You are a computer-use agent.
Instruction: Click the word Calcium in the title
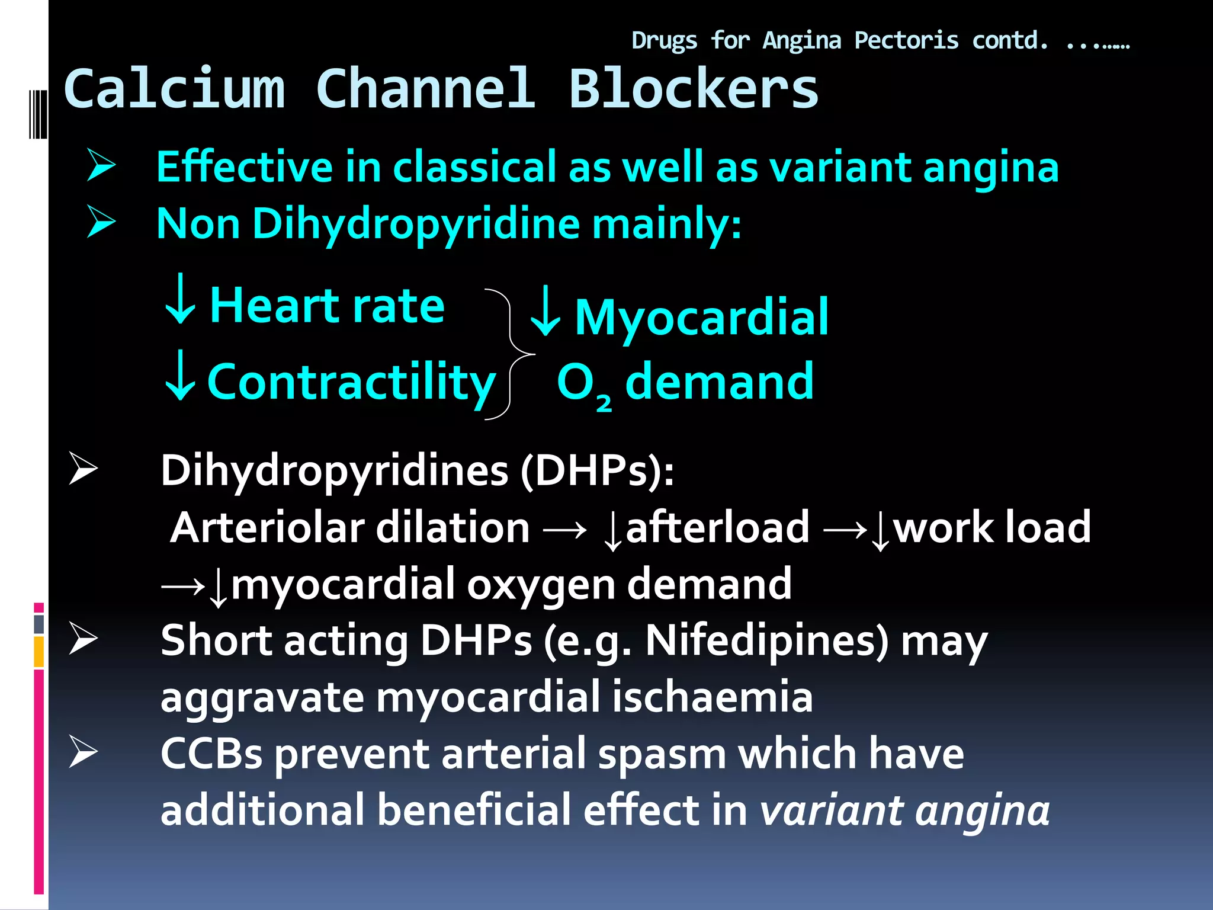(175, 89)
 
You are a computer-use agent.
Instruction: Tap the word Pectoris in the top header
(906, 41)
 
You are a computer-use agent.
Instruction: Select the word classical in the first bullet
(471, 167)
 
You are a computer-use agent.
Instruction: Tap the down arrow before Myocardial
(544, 312)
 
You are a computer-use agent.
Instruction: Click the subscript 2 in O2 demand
(604, 403)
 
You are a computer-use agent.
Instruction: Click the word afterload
(717, 527)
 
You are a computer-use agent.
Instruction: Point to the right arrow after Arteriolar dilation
(564, 529)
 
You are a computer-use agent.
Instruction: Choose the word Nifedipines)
(767, 641)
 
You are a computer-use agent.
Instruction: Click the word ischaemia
(712, 697)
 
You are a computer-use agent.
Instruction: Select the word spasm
(662, 754)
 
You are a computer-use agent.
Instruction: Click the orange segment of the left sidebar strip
(39, 652)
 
